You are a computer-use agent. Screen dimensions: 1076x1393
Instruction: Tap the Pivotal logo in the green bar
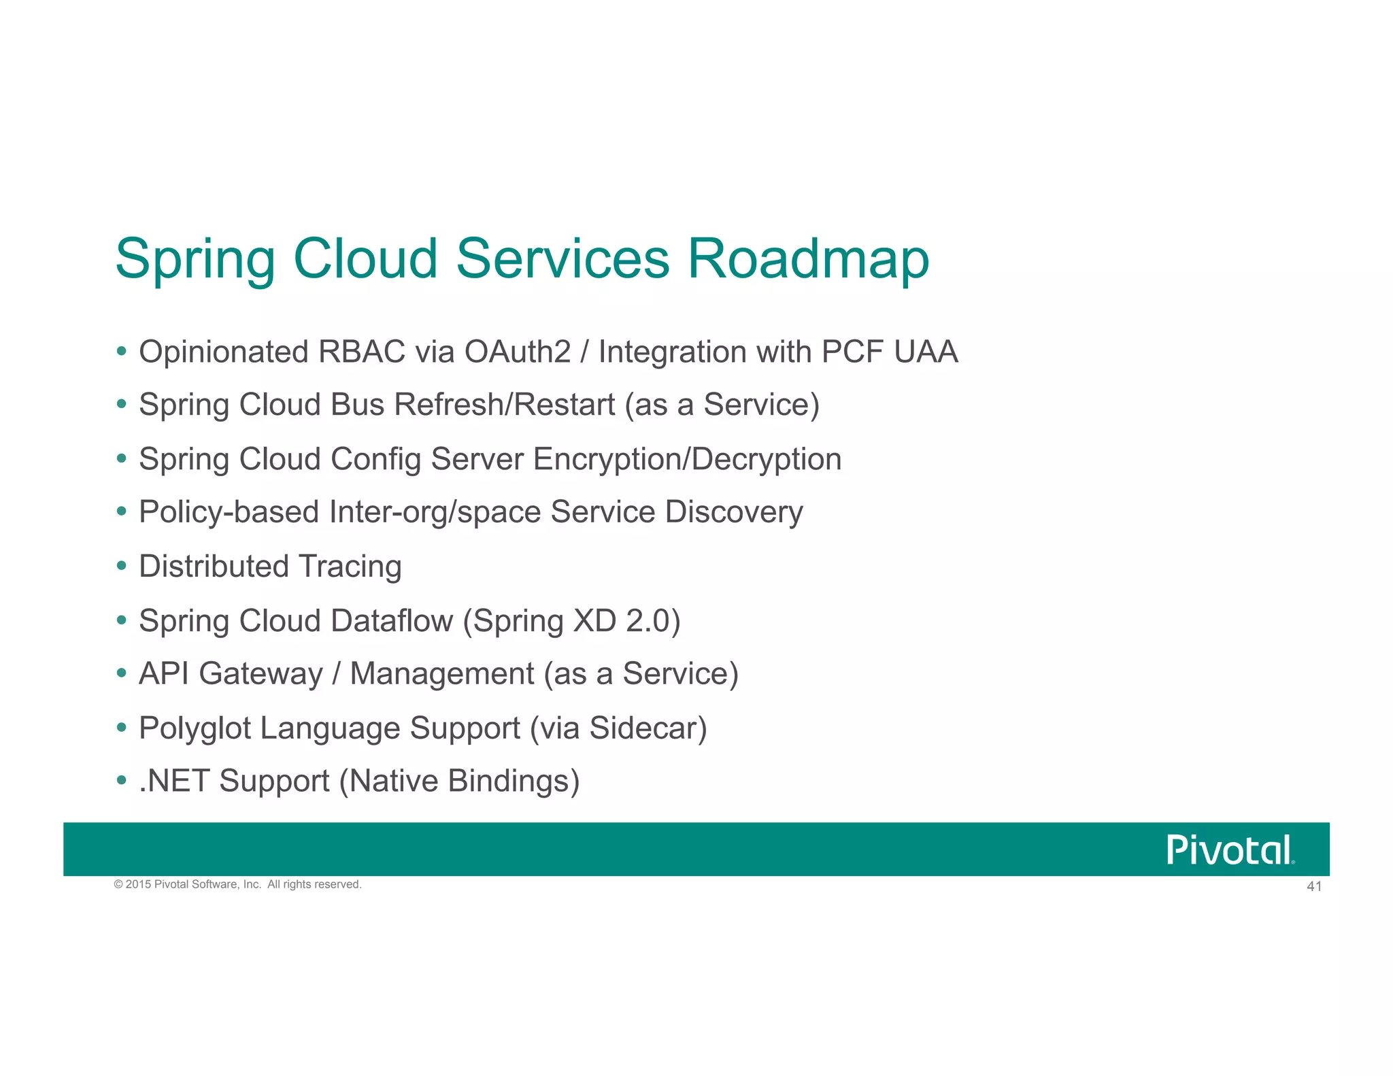pos(1230,850)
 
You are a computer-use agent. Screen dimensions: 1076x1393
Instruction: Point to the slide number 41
pos(1314,886)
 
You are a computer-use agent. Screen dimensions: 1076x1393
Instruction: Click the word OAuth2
pos(517,352)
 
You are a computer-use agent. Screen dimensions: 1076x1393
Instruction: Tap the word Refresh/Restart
pos(505,405)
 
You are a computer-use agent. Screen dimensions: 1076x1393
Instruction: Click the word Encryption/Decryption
pos(687,460)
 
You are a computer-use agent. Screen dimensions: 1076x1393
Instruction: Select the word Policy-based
pos(229,513)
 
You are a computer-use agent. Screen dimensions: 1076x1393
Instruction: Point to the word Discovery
pos(734,513)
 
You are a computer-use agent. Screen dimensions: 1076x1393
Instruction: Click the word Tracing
pos(350,567)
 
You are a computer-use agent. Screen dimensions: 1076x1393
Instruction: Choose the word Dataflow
pos(392,621)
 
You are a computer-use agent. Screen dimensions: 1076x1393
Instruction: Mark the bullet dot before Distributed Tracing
pos(122,566)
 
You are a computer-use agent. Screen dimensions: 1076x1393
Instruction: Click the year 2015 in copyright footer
pos(138,884)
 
